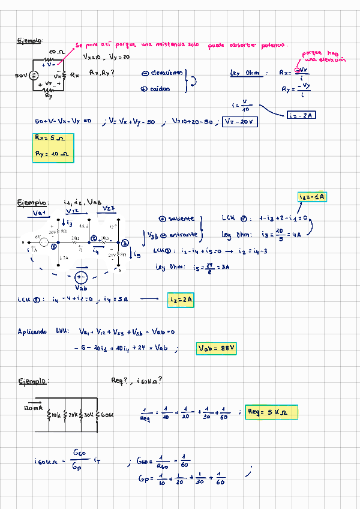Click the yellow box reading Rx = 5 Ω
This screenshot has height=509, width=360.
click(51, 137)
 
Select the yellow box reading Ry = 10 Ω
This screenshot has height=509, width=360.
click(53, 154)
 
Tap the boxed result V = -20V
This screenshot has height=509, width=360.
click(239, 121)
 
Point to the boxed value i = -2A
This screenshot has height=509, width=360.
click(300, 115)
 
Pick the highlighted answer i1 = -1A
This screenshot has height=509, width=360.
click(312, 197)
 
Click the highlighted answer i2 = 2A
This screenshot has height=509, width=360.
click(181, 298)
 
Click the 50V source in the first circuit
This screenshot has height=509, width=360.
click(34, 75)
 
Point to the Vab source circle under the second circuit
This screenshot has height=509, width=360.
click(82, 278)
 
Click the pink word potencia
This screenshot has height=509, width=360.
click(274, 44)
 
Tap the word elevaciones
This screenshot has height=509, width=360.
click(165, 73)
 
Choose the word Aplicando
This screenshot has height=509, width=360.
click(32, 331)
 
